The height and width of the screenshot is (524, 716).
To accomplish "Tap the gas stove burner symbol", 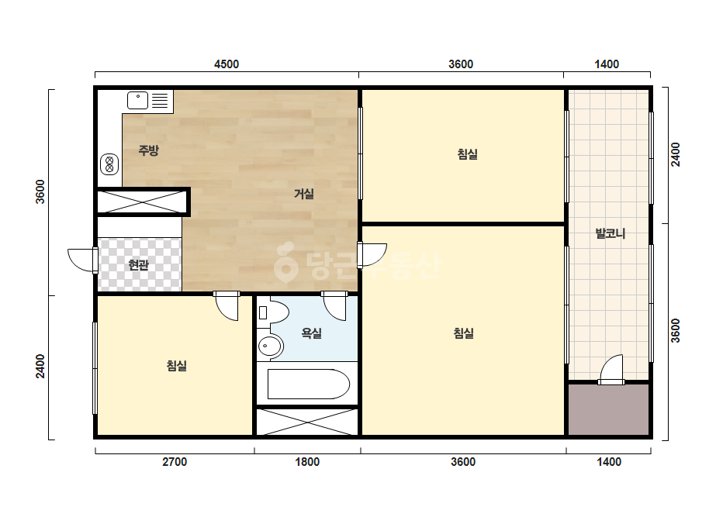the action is coord(109,164).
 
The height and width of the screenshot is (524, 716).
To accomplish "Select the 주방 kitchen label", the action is coord(149,150).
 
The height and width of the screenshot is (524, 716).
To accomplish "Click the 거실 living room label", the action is coord(304,194).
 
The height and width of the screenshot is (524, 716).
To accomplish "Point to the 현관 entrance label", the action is coord(138,265).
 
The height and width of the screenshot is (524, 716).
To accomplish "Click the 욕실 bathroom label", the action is coord(311,333).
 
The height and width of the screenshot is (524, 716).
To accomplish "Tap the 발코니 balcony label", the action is coord(610,233).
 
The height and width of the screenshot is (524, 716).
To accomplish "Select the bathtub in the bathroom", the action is coord(308,384).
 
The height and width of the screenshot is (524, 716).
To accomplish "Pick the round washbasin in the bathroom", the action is coord(270,346).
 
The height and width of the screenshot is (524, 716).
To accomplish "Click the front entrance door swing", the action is coord(82,260).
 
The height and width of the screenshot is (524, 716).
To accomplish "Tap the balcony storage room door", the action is coord(611,369).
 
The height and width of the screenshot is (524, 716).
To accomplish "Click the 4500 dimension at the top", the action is coord(227,64).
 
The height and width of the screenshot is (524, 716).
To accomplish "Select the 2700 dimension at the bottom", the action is coord(175,462).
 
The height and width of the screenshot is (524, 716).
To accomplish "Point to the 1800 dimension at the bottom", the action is coord(307,462).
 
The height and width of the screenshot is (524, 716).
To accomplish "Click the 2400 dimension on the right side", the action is coord(676,155).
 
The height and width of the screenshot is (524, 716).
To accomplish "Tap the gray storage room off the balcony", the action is coord(609,409).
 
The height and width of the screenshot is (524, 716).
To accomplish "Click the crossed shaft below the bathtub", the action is coord(307,422).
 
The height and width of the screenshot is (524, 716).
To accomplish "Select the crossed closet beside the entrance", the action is coord(141,202).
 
